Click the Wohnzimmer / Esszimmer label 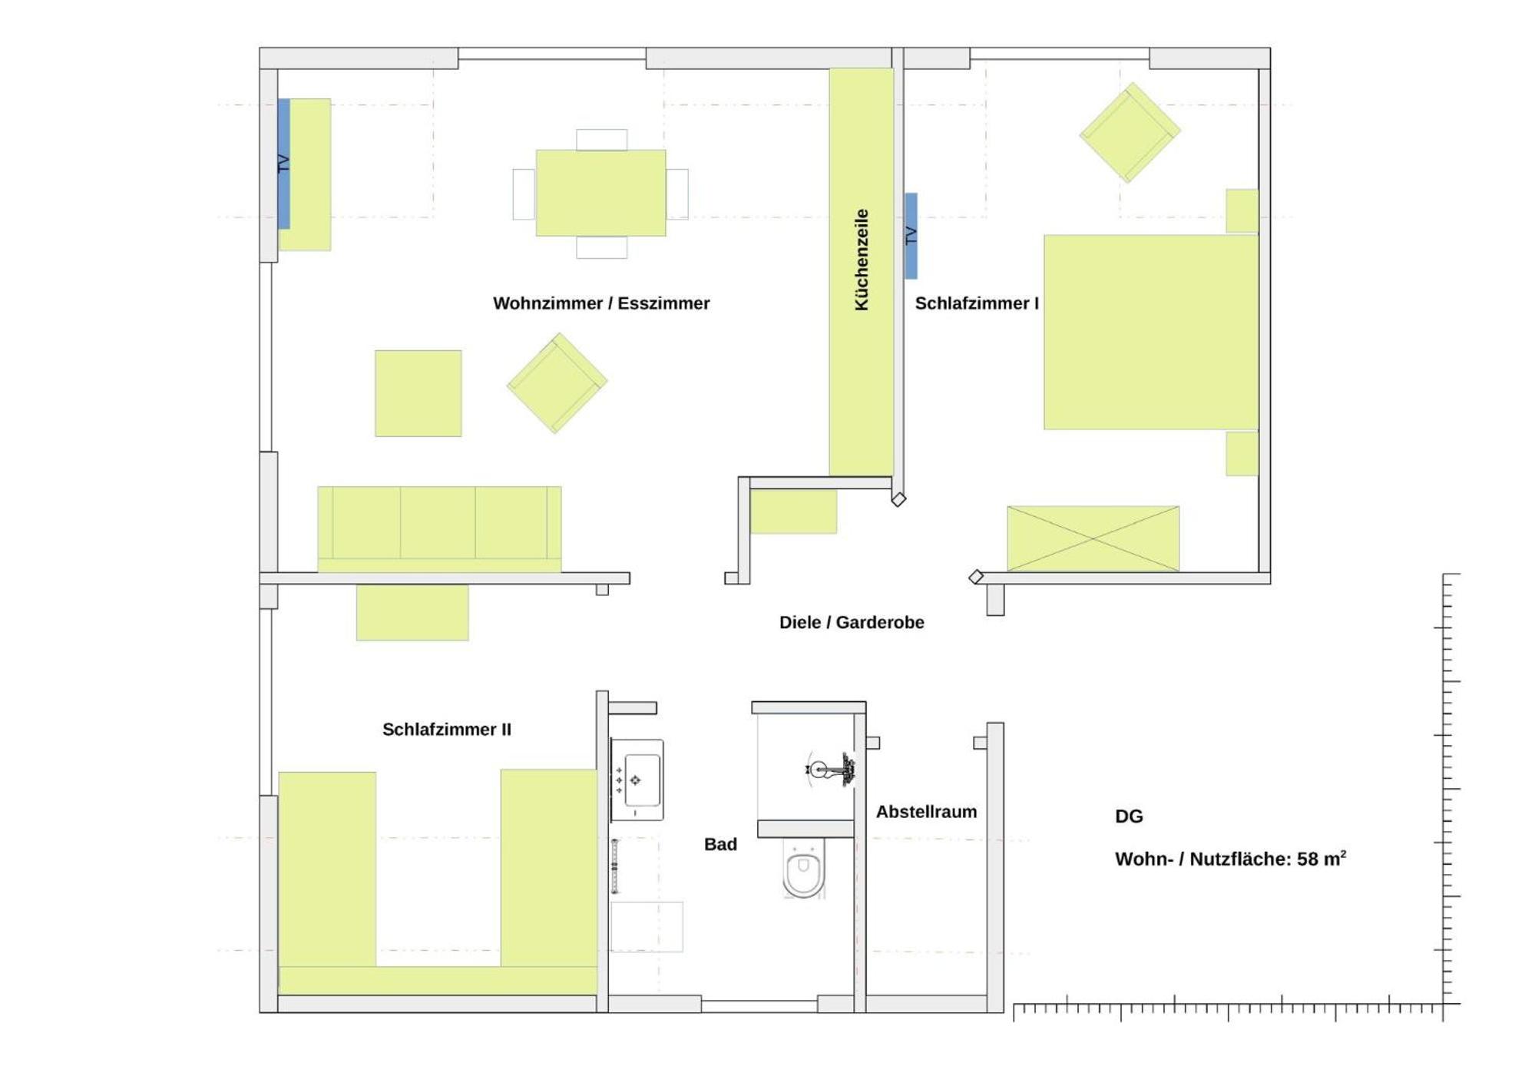pos(601,303)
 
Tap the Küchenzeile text pos(862,260)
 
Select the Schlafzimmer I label pos(977,303)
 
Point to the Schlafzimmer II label pos(447,730)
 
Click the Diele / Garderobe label pos(852,622)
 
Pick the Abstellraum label pos(926,812)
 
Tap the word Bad pos(720,844)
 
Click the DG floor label pos(1129,816)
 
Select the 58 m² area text pos(1322,858)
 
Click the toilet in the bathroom pos(803,868)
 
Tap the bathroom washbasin pos(637,780)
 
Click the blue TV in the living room pos(283,164)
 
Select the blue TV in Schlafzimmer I pos(911,236)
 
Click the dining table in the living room pos(600,193)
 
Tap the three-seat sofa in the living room pos(439,529)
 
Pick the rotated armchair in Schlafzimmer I pos(1130,133)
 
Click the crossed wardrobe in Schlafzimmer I pos(1093,538)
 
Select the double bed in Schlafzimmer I pos(1150,332)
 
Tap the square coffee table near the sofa pos(418,393)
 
